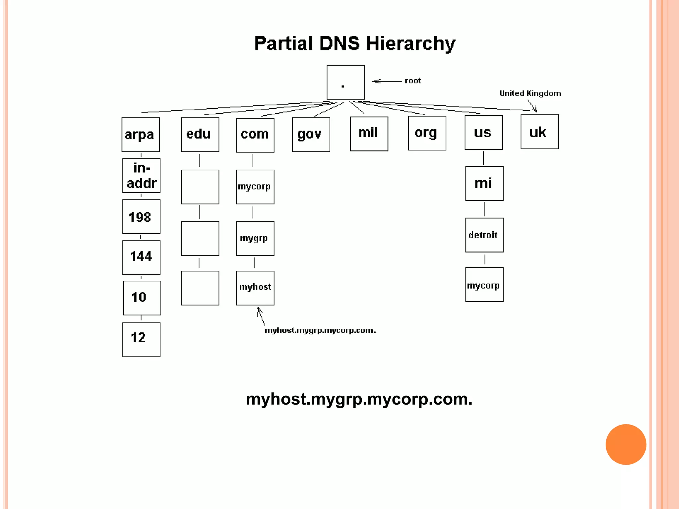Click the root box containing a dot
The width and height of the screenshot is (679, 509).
click(345, 82)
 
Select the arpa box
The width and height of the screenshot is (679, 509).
click(141, 135)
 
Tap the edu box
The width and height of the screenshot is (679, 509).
click(200, 135)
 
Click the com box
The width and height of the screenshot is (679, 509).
click(255, 135)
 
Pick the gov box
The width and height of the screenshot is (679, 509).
click(311, 135)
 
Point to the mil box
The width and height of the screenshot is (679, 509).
click(369, 134)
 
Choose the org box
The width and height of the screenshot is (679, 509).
click(427, 133)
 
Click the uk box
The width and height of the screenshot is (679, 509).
click(539, 132)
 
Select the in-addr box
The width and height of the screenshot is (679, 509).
click(141, 176)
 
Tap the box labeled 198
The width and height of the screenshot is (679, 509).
click(141, 217)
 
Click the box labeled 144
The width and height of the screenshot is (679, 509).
click(141, 257)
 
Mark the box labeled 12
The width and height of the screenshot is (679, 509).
click(141, 340)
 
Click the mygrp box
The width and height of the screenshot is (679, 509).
click(255, 239)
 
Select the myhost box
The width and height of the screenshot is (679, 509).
click(255, 288)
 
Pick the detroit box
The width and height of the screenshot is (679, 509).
click(484, 235)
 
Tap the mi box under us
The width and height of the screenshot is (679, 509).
click(484, 183)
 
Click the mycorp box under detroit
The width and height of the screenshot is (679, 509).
click(484, 285)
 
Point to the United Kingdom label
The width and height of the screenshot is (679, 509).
click(530, 93)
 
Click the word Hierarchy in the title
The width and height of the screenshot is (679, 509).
click(410, 44)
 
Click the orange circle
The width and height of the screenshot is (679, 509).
click(626, 444)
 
